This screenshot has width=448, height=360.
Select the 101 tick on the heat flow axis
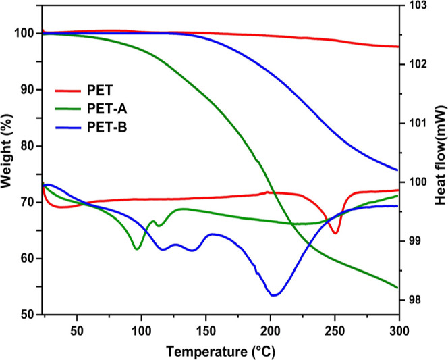click(418, 124)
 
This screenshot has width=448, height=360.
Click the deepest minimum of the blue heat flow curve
click(273, 295)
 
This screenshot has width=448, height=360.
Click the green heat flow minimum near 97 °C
click(138, 249)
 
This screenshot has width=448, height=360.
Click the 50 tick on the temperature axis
click(77, 331)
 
